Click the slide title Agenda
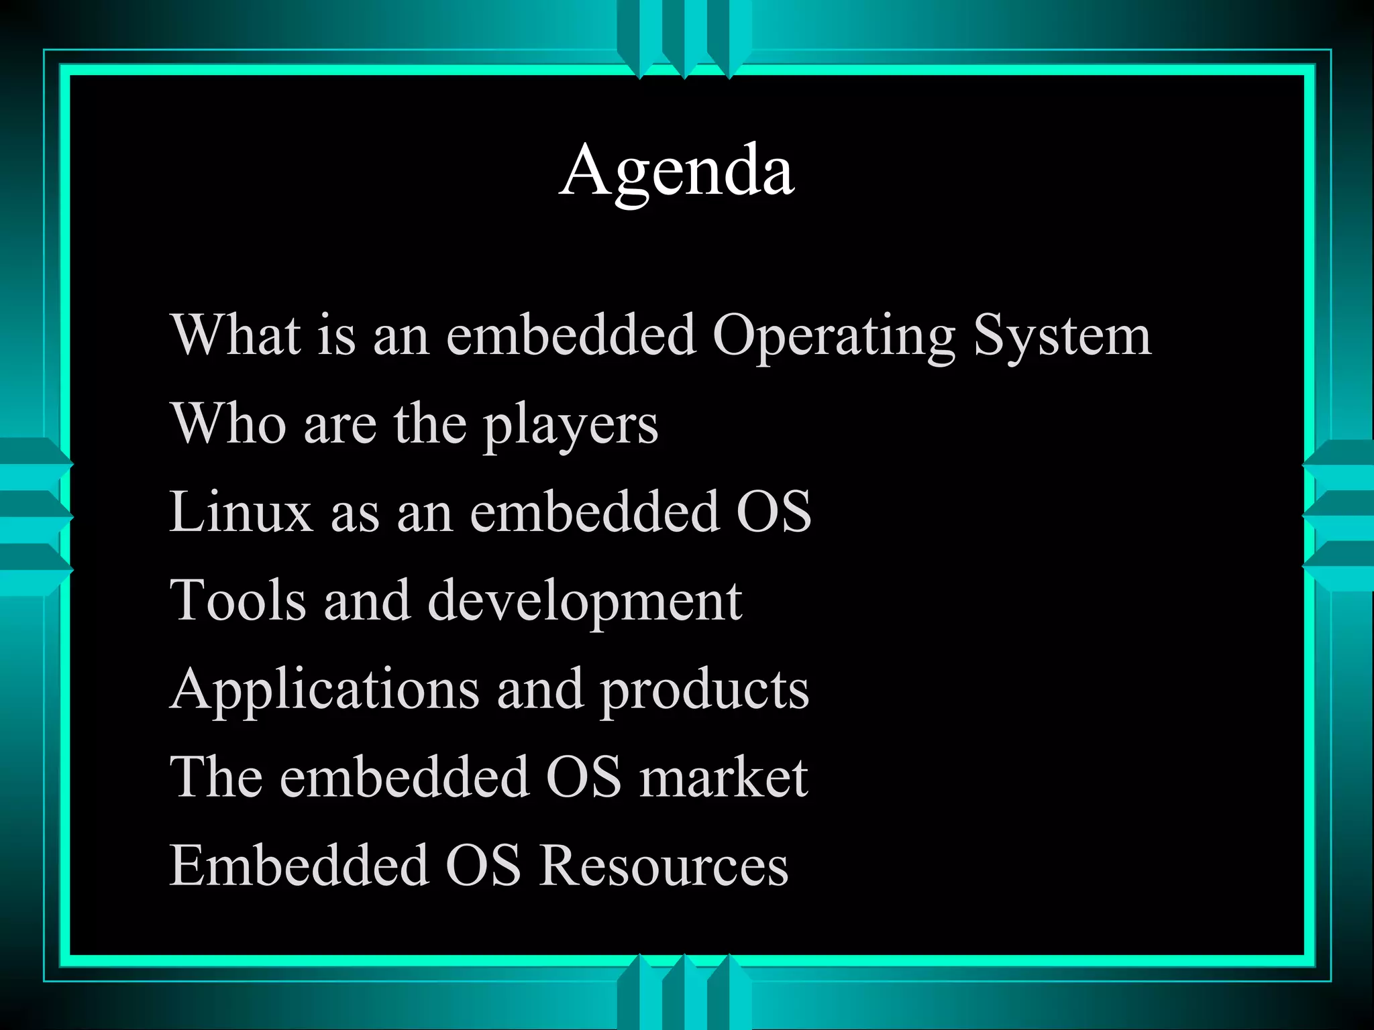click(677, 170)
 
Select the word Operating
click(833, 335)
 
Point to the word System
click(1062, 335)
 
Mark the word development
click(584, 602)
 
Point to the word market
click(723, 777)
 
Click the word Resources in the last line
click(664, 865)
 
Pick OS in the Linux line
click(774, 512)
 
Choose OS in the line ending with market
click(584, 777)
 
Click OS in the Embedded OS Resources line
click(483, 865)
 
